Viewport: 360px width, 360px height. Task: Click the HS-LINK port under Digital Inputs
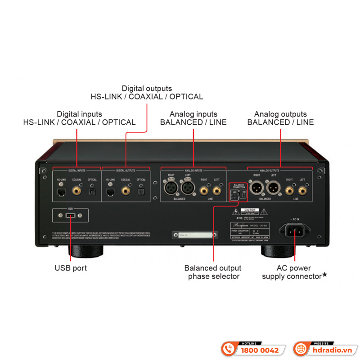(61, 191)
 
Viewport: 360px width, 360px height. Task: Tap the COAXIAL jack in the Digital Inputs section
(77, 191)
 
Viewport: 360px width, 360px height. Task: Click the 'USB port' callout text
(70, 268)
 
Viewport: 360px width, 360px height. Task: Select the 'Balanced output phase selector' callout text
(213, 272)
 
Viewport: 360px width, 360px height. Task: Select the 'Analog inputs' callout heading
(193, 114)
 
